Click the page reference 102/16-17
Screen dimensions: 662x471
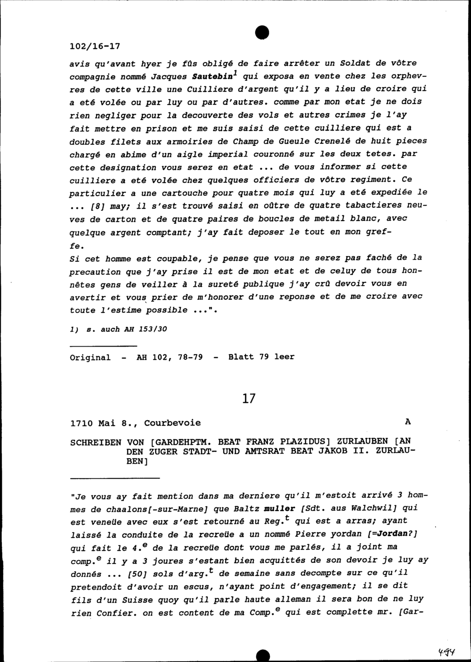(x=95, y=46)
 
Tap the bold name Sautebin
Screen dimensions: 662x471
(x=211, y=76)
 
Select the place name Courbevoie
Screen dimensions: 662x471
(x=172, y=423)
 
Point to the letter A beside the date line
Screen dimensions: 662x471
(x=407, y=422)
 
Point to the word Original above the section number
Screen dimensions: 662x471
(x=90, y=357)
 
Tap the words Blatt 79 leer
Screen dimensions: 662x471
(x=261, y=357)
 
